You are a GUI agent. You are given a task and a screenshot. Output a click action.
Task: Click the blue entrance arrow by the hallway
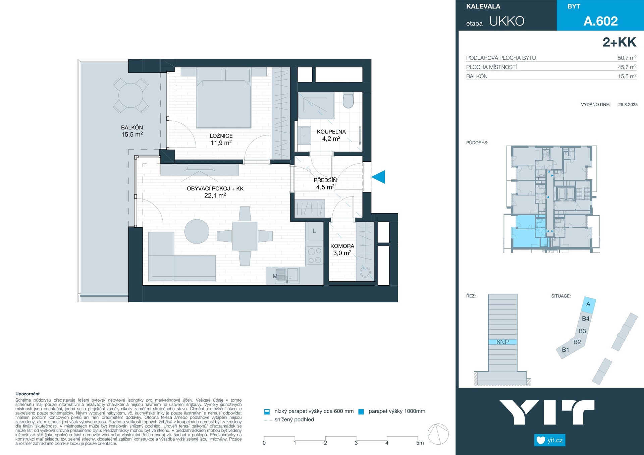[x=378, y=177]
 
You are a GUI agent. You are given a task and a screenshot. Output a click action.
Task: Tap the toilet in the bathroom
[x=348, y=101]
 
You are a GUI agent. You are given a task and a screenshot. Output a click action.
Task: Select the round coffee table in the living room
[x=197, y=231]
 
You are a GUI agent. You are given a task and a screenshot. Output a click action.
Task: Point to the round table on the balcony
[x=131, y=95]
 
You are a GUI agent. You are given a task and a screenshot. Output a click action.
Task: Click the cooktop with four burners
[x=315, y=255]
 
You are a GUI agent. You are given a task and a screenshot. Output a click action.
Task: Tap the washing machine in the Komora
[x=365, y=272]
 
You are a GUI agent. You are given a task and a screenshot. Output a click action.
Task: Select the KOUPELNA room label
[x=331, y=132]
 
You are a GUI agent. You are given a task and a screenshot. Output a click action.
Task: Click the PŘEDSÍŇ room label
[x=325, y=180]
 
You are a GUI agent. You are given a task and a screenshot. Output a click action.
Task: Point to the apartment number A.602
[x=600, y=21]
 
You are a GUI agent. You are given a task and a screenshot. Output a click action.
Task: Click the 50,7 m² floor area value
[x=627, y=58]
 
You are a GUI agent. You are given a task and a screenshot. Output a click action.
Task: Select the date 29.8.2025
[x=628, y=105]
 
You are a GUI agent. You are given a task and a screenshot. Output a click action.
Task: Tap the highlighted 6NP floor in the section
[x=502, y=342]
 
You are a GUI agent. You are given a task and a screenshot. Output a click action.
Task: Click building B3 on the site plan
[x=582, y=331]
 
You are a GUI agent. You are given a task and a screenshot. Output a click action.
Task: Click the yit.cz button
[x=550, y=440]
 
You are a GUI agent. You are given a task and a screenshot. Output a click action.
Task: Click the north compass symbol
[x=438, y=434]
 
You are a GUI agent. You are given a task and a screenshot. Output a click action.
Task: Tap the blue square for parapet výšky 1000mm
[x=361, y=412]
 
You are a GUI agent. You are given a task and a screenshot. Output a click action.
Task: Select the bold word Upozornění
[x=28, y=394]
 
